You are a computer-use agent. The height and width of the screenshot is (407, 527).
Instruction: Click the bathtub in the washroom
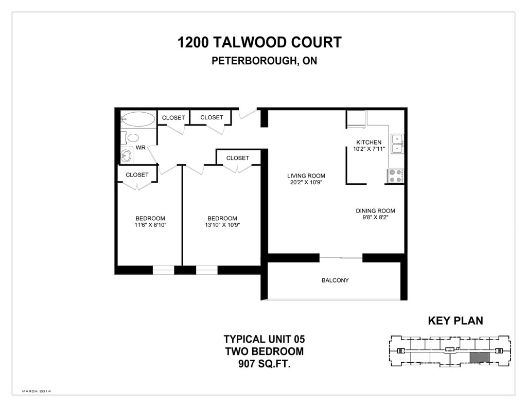[138, 119]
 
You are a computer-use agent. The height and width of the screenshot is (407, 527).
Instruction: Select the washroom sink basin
[127, 156]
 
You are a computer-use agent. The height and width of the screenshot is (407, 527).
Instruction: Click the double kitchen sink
[397, 144]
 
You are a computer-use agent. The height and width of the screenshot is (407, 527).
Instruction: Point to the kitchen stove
[395, 176]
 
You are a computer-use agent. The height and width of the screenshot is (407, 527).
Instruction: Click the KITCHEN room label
[368, 142]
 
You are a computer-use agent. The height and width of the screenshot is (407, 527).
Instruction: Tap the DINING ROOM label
[375, 211]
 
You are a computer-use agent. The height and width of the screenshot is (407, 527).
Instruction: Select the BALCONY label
[335, 280]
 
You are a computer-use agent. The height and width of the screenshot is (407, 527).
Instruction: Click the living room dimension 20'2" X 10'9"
[306, 183]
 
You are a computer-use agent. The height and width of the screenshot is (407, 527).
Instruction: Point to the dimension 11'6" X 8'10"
[150, 225]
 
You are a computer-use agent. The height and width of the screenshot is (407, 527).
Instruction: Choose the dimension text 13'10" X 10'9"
[222, 225]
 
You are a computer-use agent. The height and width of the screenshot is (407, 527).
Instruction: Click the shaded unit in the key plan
[480, 357]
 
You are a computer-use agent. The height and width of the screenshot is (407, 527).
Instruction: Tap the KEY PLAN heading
[455, 321]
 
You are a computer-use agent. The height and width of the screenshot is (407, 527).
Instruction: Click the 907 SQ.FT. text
[264, 364]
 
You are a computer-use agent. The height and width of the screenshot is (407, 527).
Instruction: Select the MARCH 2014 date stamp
[37, 391]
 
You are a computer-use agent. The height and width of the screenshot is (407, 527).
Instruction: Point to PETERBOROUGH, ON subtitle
[264, 61]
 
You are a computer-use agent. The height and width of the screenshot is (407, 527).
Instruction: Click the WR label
[140, 148]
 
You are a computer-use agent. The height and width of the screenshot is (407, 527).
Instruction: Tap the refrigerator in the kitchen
[357, 119]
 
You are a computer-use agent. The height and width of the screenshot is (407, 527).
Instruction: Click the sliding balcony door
[341, 258]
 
